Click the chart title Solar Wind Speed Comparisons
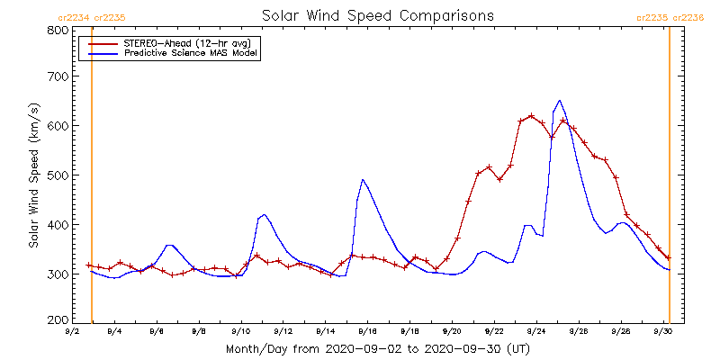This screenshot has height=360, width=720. coord(377,15)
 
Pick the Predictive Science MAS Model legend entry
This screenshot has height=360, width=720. coord(191,53)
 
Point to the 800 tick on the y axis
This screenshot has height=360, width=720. coord(57,30)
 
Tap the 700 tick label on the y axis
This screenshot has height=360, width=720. coord(57,77)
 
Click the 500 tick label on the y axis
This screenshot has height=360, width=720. coord(57,175)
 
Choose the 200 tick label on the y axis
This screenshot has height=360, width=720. coord(57,319)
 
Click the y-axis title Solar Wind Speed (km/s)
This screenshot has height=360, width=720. coord(34,175)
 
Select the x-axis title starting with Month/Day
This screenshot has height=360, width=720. coord(377,348)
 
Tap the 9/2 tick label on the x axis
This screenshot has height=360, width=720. coord(72,332)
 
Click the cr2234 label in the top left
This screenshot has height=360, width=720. coord(73,17)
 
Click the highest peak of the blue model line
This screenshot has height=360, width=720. coord(559,101)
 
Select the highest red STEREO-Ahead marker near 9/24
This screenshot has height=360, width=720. coord(531,116)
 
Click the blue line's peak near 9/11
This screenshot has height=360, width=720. coord(264,215)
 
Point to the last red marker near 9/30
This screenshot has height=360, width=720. coord(669,257)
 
